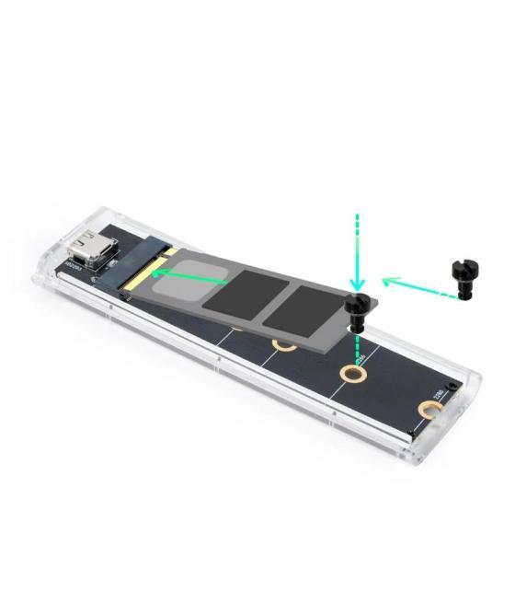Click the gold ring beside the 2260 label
(x=351, y=374)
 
